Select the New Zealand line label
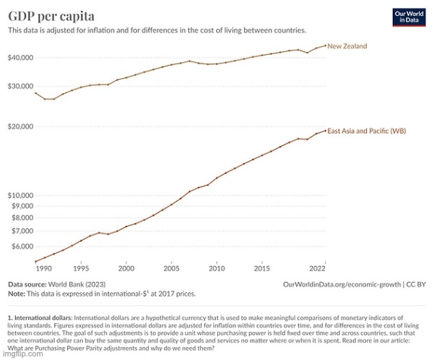point(347,46)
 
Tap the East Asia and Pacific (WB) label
point(367,131)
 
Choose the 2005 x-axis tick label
point(171,269)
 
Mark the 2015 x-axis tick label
point(262,269)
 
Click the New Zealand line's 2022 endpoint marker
point(325,45)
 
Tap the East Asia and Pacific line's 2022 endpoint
point(325,130)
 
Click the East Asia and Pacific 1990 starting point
point(35,261)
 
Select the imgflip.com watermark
point(16,355)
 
